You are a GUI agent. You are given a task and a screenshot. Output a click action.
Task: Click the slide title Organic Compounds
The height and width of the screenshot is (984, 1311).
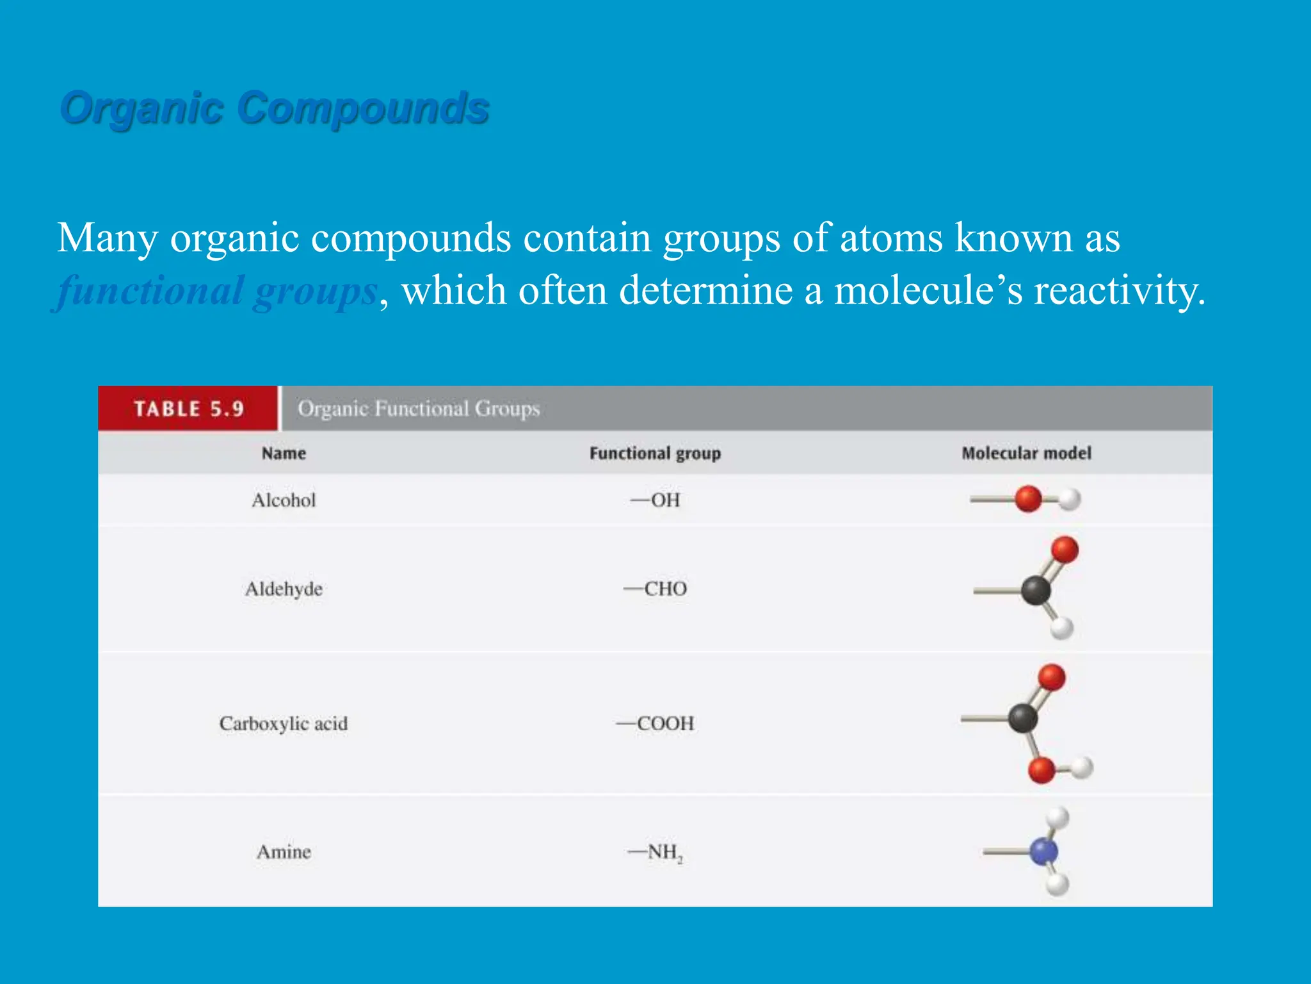(275, 108)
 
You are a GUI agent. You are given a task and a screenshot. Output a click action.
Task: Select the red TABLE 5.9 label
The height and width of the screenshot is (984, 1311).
(189, 409)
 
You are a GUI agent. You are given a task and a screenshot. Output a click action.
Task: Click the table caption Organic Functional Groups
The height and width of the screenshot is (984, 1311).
(419, 409)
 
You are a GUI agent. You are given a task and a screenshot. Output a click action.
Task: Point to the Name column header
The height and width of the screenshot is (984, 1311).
(284, 454)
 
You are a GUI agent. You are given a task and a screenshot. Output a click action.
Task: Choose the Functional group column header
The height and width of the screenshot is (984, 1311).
(655, 454)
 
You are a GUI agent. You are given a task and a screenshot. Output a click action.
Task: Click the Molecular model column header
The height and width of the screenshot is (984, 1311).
(1026, 454)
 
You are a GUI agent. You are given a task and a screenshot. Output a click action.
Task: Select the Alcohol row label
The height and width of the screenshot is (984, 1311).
(284, 500)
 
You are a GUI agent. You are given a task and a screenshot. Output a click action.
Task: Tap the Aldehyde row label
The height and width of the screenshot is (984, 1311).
(284, 589)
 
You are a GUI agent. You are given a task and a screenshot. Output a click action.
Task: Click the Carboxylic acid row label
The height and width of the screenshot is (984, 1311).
(284, 723)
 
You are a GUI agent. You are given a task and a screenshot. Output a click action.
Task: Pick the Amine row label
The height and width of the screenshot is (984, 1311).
(284, 852)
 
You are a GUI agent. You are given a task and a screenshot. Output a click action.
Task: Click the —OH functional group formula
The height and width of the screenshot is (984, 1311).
(655, 500)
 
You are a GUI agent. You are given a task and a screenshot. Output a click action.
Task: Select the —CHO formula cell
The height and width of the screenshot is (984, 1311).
(655, 589)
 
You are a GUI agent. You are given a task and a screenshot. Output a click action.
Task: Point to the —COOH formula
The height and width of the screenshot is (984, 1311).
(655, 723)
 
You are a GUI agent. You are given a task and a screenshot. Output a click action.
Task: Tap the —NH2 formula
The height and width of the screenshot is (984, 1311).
(655, 852)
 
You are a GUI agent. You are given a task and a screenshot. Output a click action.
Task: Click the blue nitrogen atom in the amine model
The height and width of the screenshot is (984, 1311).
(1043, 851)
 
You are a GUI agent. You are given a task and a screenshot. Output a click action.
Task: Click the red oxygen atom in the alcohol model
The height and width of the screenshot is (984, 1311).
(1028, 499)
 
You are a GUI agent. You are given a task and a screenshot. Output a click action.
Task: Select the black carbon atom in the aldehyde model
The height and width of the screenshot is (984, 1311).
(1036, 590)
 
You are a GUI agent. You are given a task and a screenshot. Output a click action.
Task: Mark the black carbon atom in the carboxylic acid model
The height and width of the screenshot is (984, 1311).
(1023, 718)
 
